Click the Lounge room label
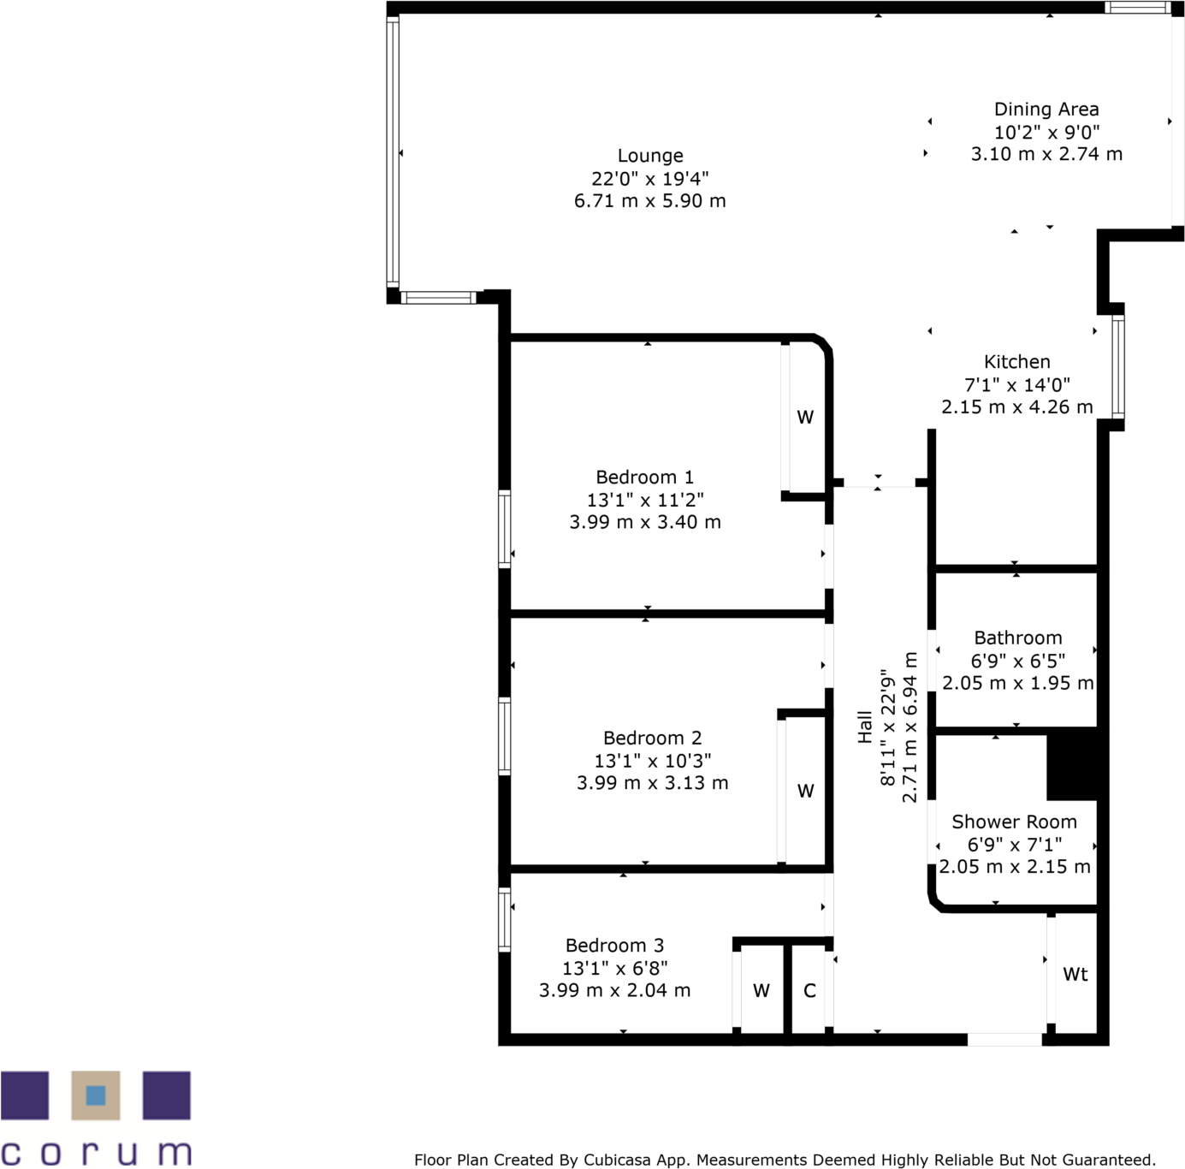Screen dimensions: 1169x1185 coord(650,156)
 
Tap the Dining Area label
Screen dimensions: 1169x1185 coord(1046,110)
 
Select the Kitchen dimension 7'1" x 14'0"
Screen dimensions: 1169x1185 coord(1016,385)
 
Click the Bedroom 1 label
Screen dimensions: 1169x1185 coord(644,478)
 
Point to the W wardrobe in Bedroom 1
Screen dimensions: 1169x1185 coord(805,418)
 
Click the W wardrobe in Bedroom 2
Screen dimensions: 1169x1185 coord(805,792)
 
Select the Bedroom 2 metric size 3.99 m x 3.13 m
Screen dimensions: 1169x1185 coord(652,783)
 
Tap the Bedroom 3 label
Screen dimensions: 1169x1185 coord(614,946)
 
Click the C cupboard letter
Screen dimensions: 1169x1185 coord(809,991)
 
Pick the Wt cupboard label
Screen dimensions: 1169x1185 coord(1075,975)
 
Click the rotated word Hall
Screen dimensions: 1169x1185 coord(865,727)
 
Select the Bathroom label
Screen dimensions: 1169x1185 coord(1017,638)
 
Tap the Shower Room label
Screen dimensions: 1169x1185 coord(1014,822)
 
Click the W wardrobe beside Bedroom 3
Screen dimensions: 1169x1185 coord(761,991)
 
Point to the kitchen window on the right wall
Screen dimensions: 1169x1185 coord(1117,366)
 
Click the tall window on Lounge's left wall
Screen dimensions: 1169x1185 coord(393,152)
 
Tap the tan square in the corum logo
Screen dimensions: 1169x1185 coord(96,1095)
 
